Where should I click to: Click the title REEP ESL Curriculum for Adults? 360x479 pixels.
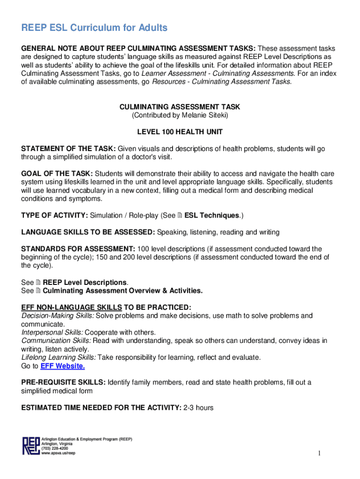point(94,28)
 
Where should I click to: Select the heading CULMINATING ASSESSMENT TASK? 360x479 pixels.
point(180,107)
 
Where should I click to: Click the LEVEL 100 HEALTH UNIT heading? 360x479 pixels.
point(180,132)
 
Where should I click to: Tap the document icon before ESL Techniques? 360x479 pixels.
point(180,216)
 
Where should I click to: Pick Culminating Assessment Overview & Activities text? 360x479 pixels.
point(122,291)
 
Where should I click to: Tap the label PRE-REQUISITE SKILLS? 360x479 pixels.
point(63,382)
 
